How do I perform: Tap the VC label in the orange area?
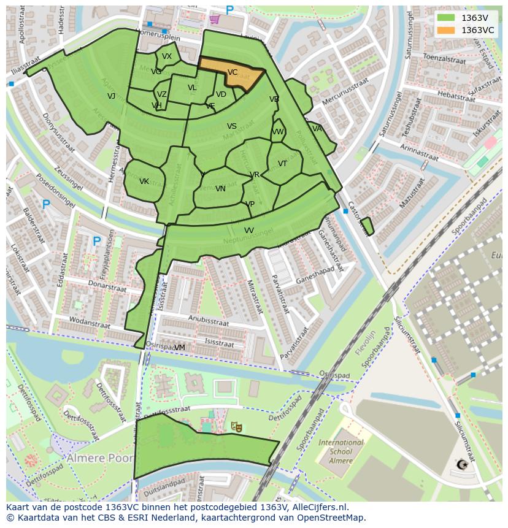[x=233, y=72]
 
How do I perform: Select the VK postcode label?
[x=144, y=182]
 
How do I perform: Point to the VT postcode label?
[x=282, y=164]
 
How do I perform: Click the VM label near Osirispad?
[x=179, y=348]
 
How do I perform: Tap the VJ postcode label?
[x=111, y=96]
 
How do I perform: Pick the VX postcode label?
[x=167, y=56]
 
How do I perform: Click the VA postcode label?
[x=317, y=129]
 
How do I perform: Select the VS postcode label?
[x=232, y=126]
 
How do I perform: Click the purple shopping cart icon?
[x=214, y=19]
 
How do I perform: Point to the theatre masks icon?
[x=236, y=426]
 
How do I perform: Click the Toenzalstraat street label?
[x=445, y=60]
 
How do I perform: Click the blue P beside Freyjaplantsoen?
[x=96, y=242]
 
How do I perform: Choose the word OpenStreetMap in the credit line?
[x=332, y=518]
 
